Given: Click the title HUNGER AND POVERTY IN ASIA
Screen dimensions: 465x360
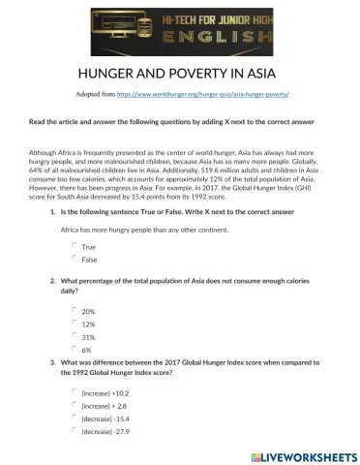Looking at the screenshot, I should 180,75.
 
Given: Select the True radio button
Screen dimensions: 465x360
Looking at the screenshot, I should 75,246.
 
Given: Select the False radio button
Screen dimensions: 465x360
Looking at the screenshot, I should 75,259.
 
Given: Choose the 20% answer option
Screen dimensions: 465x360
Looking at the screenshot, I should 75,310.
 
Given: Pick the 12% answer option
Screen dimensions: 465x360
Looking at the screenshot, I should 75,323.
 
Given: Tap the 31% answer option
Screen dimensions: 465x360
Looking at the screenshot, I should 75,335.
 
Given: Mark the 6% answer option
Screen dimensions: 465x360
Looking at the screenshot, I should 75,348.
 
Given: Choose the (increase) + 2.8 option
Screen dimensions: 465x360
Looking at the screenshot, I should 75,405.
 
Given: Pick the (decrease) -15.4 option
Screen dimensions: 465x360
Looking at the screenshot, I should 75,418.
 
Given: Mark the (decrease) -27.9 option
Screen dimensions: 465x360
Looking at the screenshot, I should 75,430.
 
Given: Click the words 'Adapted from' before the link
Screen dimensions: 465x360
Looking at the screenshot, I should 94,96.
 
